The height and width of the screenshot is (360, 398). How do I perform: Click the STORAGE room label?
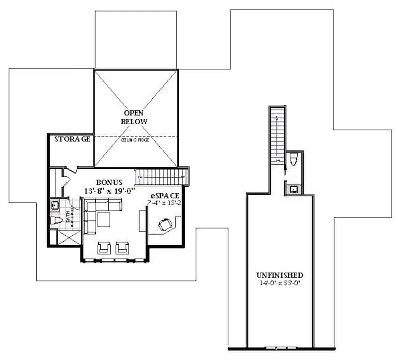coord(71,139)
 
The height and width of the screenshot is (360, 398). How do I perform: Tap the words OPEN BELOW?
coord(134,117)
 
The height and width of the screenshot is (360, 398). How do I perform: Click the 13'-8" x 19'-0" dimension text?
coord(110,191)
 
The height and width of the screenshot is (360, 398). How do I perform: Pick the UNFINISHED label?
coord(280,275)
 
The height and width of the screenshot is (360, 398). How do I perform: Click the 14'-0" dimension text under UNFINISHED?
coord(280,283)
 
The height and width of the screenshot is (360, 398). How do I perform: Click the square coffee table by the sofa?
coord(103,219)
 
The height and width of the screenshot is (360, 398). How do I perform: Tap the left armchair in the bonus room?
coord(104,248)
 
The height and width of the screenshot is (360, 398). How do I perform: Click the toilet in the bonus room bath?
coord(56,221)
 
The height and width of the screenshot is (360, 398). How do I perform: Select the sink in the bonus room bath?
coord(55,205)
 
